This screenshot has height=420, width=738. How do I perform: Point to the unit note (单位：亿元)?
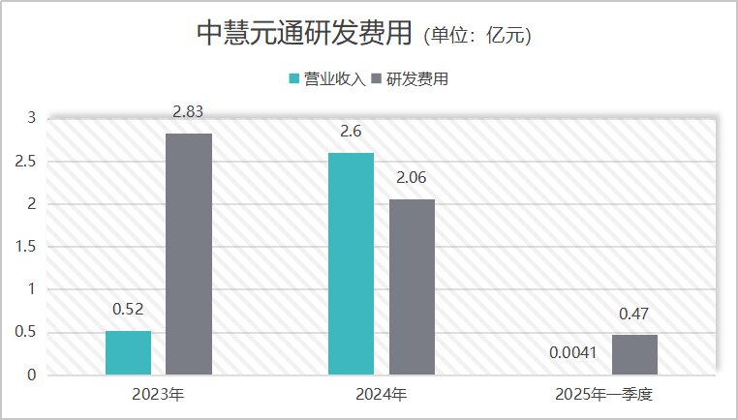click(x=477, y=36)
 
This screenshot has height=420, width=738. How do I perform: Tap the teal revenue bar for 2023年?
click(x=128, y=352)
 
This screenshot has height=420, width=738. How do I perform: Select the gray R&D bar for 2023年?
click(x=188, y=254)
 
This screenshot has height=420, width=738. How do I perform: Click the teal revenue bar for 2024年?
click(x=351, y=263)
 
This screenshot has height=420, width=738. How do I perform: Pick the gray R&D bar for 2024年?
click(x=412, y=286)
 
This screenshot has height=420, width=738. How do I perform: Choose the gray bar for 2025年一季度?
click(x=634, y=354)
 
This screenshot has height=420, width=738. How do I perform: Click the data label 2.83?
click(x=188, y=113)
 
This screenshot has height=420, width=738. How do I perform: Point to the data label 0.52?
click(x=128, y=311)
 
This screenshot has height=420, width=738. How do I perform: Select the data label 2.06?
click(x=412, y=179)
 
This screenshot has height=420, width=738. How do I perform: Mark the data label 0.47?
click(x=634, y=315)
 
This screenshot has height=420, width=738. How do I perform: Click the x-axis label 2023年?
click(x=158, y=395)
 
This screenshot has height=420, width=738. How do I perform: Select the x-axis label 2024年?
click(x=382, y=395)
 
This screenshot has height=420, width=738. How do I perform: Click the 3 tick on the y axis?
click(x=30, y=118)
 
